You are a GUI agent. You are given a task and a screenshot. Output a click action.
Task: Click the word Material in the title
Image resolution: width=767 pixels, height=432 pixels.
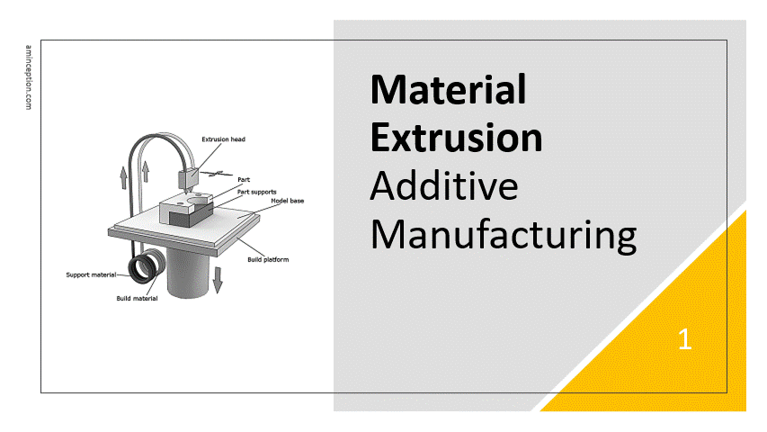point(448,90)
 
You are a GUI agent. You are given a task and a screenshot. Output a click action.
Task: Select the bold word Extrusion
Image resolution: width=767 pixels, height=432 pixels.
point(457,138)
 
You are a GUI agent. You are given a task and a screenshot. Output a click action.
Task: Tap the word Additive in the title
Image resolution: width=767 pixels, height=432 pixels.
point(443,186)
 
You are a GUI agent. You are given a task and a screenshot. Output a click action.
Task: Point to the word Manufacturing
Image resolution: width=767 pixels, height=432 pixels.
point(504,236)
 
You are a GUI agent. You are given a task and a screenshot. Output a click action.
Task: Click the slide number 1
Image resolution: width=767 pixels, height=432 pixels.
point(685,339)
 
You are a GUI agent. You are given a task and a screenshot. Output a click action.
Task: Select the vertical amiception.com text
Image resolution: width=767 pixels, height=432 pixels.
point(29,77)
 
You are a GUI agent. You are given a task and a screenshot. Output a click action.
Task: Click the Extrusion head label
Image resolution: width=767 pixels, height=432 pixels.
point(224,139)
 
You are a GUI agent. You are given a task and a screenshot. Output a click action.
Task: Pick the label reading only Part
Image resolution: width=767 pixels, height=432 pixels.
point(244,180)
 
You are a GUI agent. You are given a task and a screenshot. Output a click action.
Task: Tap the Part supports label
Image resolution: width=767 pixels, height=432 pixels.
point(257,192)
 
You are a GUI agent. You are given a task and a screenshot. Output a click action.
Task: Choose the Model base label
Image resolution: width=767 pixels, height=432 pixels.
point(288,201)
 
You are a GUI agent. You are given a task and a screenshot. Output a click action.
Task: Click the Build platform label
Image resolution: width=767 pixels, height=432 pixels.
point(268,259)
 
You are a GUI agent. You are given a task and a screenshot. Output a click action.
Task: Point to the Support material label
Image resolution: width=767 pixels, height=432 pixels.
point(91,274)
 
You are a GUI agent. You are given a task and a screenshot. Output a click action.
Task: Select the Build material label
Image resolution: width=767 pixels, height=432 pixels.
point(137,298)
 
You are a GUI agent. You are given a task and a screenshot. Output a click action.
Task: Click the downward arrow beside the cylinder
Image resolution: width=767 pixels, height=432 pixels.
point(218,280)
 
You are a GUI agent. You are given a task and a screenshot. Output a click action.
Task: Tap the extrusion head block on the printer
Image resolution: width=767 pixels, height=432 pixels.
point(188,179)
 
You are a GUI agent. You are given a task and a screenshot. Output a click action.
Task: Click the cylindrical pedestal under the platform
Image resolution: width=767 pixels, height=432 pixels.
point(188,274)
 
